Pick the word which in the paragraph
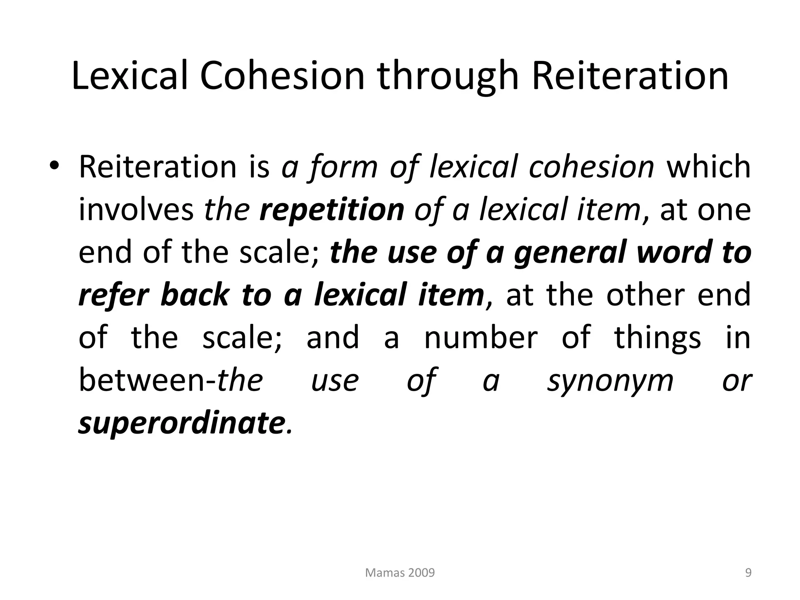coord(708,167)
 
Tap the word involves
coord(136,210)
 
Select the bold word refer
coord(114,295)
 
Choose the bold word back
coord(195,295)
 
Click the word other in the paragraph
coord(645,295)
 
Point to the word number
coord(481,338)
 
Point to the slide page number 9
coord(748,573)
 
